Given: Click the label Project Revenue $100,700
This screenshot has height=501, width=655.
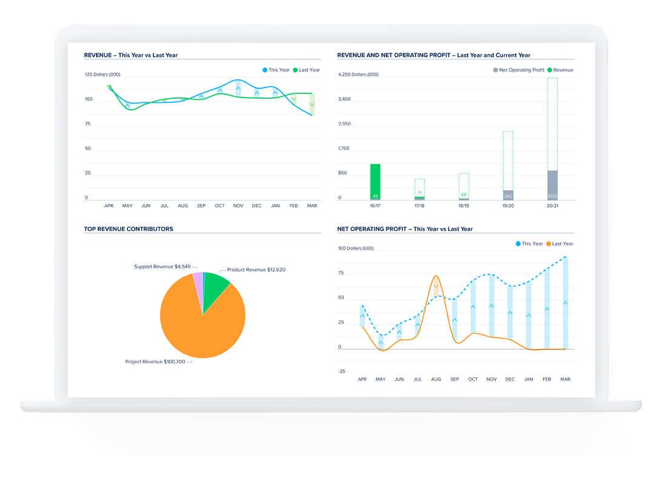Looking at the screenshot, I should click(x=158, y=362).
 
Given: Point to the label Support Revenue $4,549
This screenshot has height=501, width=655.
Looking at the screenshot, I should click(x=162, y=267).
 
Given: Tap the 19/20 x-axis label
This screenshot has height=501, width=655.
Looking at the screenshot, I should click(x=508, y=206).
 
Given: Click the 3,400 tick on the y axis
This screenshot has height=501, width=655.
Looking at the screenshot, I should click(x=344, y=99).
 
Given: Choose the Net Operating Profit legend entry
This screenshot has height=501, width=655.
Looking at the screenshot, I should click(x=519, y=70).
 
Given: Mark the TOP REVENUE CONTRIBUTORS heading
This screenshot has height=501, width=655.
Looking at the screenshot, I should click(x=129, y=229).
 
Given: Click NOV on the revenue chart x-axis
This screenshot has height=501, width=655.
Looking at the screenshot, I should click(x=238, y=206).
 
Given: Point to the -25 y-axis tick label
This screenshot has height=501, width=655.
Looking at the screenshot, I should click(x=341, y=371).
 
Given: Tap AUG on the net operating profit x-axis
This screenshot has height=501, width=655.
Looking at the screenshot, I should click(x=436, y=379).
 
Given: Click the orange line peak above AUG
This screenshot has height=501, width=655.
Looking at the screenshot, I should click(x=436, y=276).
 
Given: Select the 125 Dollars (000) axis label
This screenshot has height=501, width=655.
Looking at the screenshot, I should click(x=102, y=75).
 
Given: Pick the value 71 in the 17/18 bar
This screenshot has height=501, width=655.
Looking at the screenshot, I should click(x=420, y=193).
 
